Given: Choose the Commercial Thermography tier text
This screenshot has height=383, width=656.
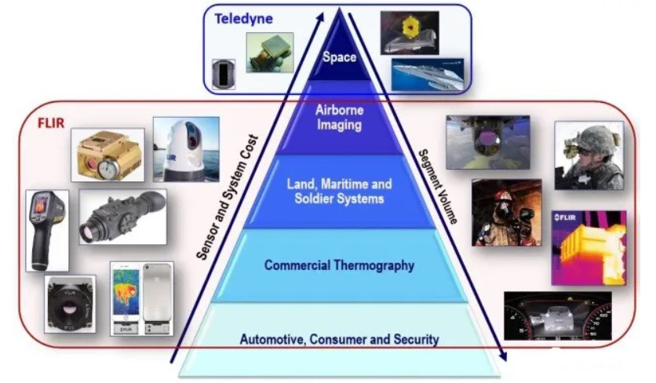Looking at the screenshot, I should point(339,265).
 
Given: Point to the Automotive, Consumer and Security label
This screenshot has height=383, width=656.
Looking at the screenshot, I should point(339,339).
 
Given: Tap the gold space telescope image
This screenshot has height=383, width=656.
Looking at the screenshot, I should point(409,32).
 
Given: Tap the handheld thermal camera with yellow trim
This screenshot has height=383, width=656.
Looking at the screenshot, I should point(46,229).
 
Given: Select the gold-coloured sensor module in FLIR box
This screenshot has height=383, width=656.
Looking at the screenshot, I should point(108,155).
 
